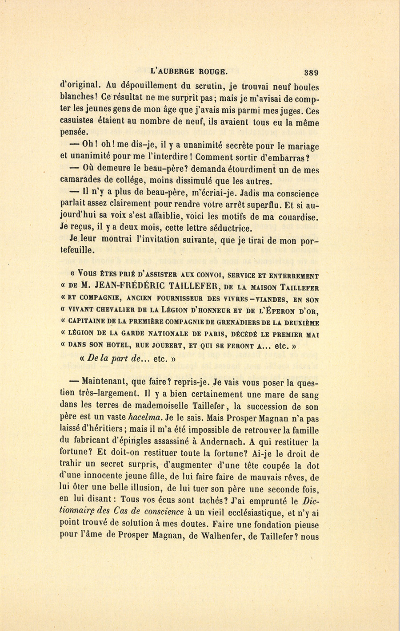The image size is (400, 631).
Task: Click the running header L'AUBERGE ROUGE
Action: tap(189, 70)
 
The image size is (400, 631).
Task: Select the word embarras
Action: tap(297, 157)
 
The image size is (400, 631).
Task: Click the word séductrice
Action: tap(232, 229)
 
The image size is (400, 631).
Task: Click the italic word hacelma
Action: tap(144, 418)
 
